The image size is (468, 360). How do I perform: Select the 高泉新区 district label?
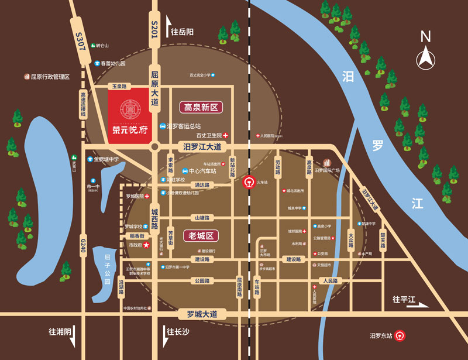pyautogui.click(x=201, y=107)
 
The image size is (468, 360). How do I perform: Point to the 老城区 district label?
pyautogui.click(x=200, y=236)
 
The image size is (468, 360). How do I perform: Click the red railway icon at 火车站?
pyautogui.click(x=249, y=181)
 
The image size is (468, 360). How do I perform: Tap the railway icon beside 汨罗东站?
pyautogui.click(x=401, y=336)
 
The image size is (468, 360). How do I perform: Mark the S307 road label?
pyautogui.click(x=80, y=43)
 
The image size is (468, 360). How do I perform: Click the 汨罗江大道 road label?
pyautogui.click(x=202, y=146)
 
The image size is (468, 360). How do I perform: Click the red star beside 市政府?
pyautogui.click(x=146, y=245)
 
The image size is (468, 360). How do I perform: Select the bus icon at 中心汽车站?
pyautogui.click(x=185, y=171)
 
